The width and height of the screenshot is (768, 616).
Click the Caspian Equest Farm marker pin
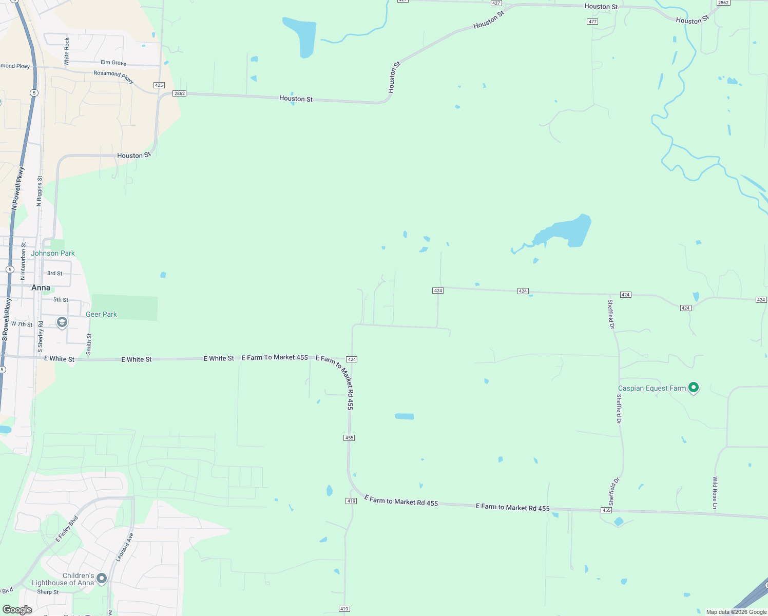693,388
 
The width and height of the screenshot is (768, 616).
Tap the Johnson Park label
53,253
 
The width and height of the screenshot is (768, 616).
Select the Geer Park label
101,314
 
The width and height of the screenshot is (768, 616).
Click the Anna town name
41,287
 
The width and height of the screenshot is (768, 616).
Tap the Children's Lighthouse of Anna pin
102,579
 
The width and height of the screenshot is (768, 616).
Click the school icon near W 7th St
62,322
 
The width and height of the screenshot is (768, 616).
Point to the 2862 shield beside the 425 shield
179,93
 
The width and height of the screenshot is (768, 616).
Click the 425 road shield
159,85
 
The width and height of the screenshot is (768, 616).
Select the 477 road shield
592,22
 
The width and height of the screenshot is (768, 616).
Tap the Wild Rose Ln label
715,492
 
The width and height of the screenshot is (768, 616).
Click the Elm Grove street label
113,63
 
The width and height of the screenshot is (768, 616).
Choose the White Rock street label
67,51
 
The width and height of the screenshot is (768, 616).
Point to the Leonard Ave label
125,547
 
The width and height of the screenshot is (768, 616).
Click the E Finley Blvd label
67,528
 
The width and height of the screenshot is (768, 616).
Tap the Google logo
17,609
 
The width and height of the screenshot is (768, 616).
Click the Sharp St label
48,592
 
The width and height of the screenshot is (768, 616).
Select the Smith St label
89,344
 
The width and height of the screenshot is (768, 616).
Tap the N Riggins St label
39,191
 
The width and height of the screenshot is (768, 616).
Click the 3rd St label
55,273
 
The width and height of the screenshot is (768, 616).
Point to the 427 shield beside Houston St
496,3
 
